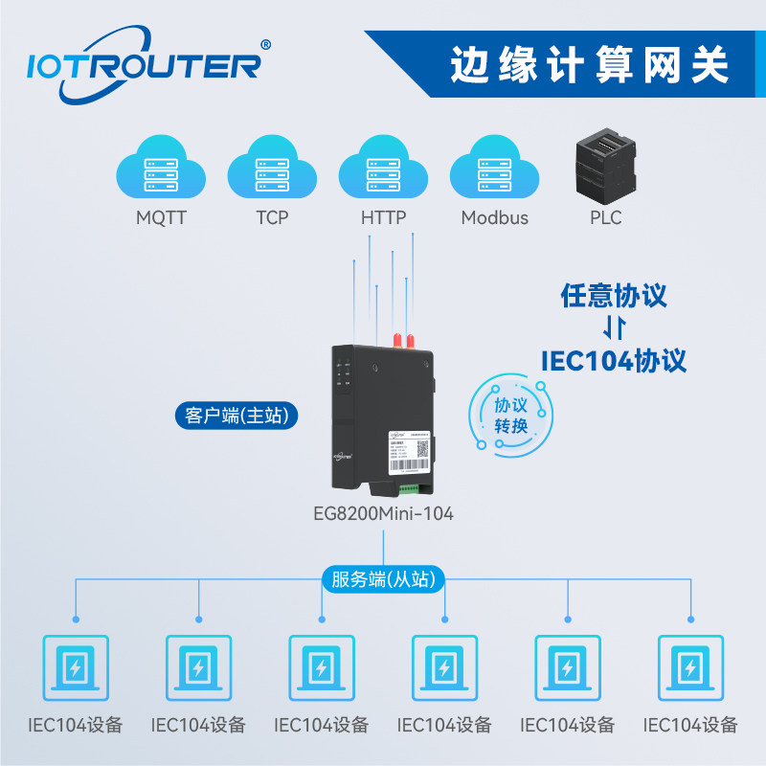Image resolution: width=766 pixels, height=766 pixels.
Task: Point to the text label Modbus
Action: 494,217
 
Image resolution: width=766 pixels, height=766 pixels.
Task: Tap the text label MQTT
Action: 161,217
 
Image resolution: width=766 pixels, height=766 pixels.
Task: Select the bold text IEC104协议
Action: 613,360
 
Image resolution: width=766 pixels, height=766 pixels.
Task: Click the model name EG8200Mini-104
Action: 383,513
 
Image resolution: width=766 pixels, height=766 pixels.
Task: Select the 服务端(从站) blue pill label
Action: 383,579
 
